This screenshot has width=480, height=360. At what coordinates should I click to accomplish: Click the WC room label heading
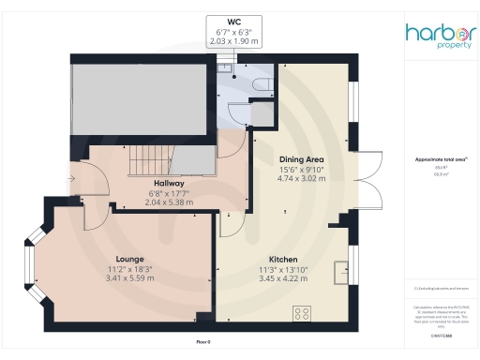click(x=233, y=21)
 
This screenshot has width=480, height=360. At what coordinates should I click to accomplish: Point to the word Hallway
click(x=169, y=183)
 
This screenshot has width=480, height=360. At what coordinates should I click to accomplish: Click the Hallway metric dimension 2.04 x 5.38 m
click(x=169, y=202)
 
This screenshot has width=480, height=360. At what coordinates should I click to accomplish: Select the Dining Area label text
click(x=301, y=159)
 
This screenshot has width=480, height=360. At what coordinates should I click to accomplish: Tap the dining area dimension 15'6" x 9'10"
click(x=301, y=169)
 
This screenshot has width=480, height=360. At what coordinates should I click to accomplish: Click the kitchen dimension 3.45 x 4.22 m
click(x=283, y=277)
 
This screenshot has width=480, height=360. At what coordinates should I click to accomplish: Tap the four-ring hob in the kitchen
click(x=304, y=313)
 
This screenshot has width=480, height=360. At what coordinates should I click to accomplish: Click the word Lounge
click(x=129, y=258)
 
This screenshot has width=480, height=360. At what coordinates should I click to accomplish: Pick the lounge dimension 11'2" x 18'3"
click(x=129, y=268)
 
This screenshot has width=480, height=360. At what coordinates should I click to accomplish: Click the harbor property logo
click(x=440, y=37)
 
